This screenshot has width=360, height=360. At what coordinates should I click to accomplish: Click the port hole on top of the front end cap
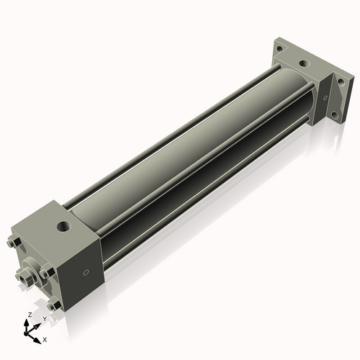pos(63,226)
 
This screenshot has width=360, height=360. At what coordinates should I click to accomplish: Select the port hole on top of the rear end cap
pos(305,64)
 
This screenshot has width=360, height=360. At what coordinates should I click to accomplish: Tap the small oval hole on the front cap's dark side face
pos(86,272)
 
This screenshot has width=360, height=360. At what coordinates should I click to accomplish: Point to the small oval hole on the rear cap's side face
pos(325,98)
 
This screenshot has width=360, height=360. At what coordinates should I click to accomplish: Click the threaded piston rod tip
pos(25,278)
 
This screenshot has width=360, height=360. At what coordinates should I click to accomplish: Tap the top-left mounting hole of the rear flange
pos(279,49)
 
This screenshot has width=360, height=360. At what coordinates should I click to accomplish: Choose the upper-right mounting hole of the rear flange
pos(341,83)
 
